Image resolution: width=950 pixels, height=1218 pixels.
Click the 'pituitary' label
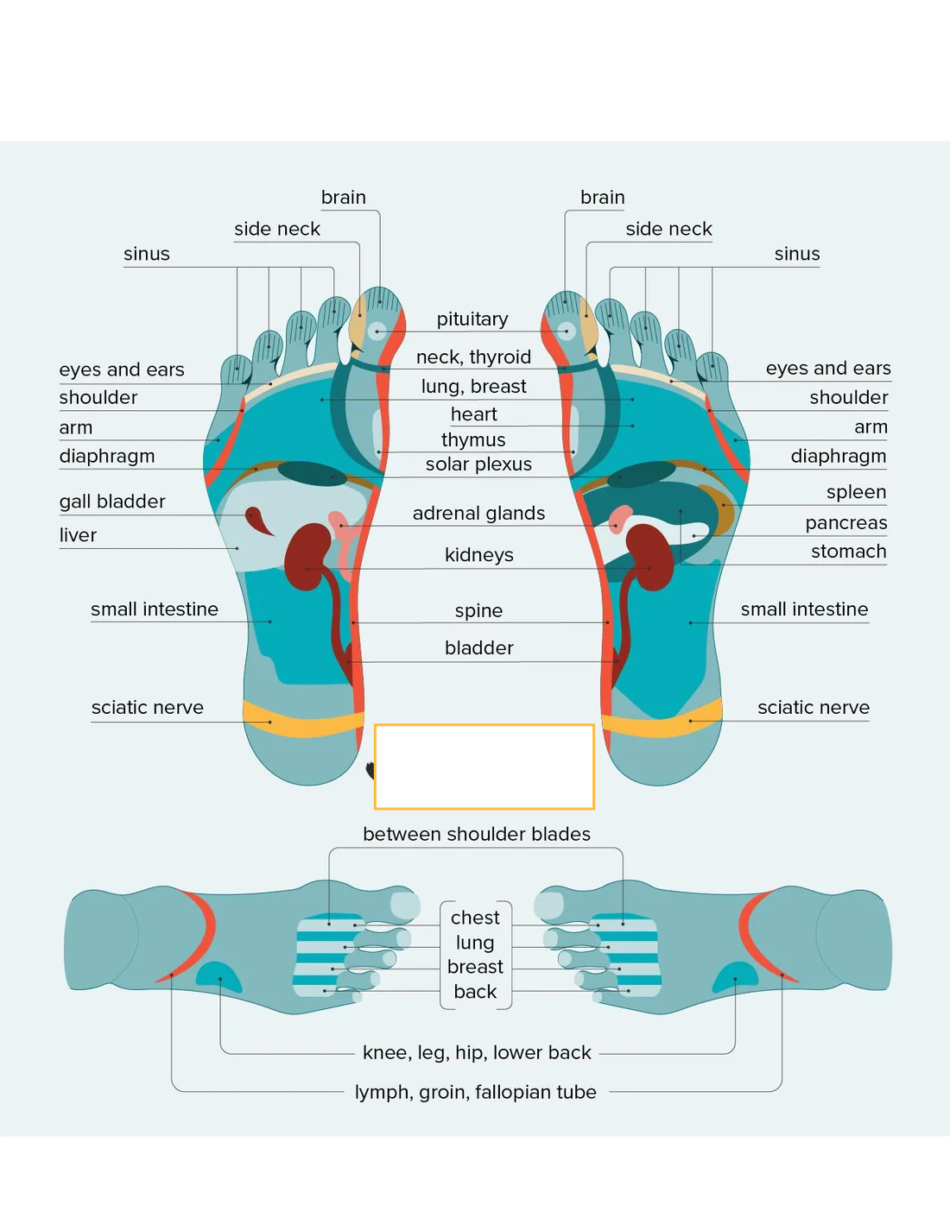tap(472, 319)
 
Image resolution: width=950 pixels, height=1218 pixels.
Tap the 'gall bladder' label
tap(112, 502)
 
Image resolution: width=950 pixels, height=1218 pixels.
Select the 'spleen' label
tap(856, 491)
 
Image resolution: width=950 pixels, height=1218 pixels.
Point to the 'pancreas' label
tap(845, 522)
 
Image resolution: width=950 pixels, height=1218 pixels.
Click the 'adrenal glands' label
tap(478, 513)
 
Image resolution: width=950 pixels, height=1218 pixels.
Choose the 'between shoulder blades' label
tap(477, 834)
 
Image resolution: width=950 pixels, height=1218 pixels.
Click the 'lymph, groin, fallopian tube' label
tap(476, 1092)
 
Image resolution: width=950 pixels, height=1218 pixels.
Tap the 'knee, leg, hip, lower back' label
tap(477, 1052)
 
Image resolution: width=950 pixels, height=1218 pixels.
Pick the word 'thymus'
tap(473, 440)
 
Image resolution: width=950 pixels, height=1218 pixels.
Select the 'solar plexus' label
tap(478, 464)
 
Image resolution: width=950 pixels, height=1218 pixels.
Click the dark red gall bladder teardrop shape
tap(258, 521)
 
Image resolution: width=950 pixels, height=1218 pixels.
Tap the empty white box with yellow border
tap(484, 767)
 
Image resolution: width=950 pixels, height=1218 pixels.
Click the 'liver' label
tap(78, 534)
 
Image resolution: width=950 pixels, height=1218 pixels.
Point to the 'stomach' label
tap(848, 551)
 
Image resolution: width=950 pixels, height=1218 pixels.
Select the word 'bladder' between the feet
tap(479, 648)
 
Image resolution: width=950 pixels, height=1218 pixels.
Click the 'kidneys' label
tap(479, 555)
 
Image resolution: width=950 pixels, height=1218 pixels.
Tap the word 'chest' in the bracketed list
tap(475, 918)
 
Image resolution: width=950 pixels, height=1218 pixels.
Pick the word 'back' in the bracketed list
tap(475, 992)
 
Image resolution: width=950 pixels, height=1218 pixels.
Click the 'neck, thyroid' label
tap(473, 357)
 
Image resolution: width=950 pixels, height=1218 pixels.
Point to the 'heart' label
tap(474, 414)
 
